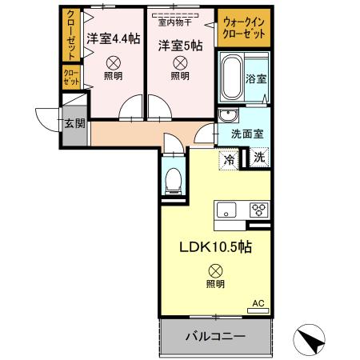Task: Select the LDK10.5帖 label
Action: pos(214,247)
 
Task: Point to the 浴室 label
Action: pos(258,81)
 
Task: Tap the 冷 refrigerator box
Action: pos(230,159)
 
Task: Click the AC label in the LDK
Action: pos(258,302)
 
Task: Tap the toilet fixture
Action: pos(172,178)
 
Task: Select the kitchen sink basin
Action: pos(226,210)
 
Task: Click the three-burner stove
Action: pos(258,210)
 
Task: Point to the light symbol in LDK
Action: pos(214,270)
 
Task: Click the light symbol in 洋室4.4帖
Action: pos(114,62)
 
